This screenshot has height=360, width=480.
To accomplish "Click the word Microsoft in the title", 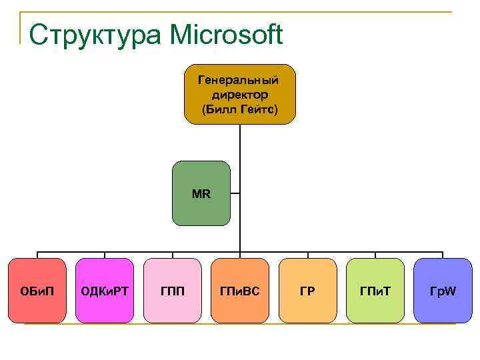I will [227, 35].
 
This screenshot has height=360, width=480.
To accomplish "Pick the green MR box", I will [201, 193].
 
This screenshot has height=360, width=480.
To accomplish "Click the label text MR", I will [201, 195].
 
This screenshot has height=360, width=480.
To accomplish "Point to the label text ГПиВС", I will [240, 291].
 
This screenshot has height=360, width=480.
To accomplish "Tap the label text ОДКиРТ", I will [105, 291].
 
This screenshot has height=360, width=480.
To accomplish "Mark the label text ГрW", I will [443, 291].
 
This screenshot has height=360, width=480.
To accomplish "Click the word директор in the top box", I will [240, 94].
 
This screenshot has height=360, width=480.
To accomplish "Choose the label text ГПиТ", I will [375, 291].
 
